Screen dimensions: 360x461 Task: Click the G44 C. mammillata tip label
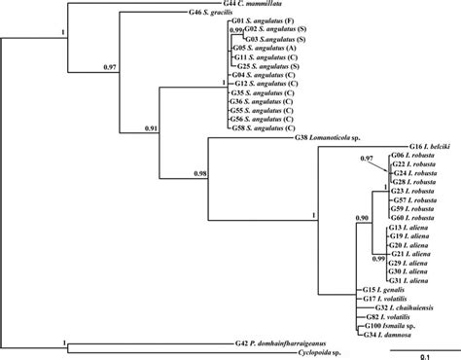[x=243, y=6]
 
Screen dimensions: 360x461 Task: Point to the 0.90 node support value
[x=361, y=218]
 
